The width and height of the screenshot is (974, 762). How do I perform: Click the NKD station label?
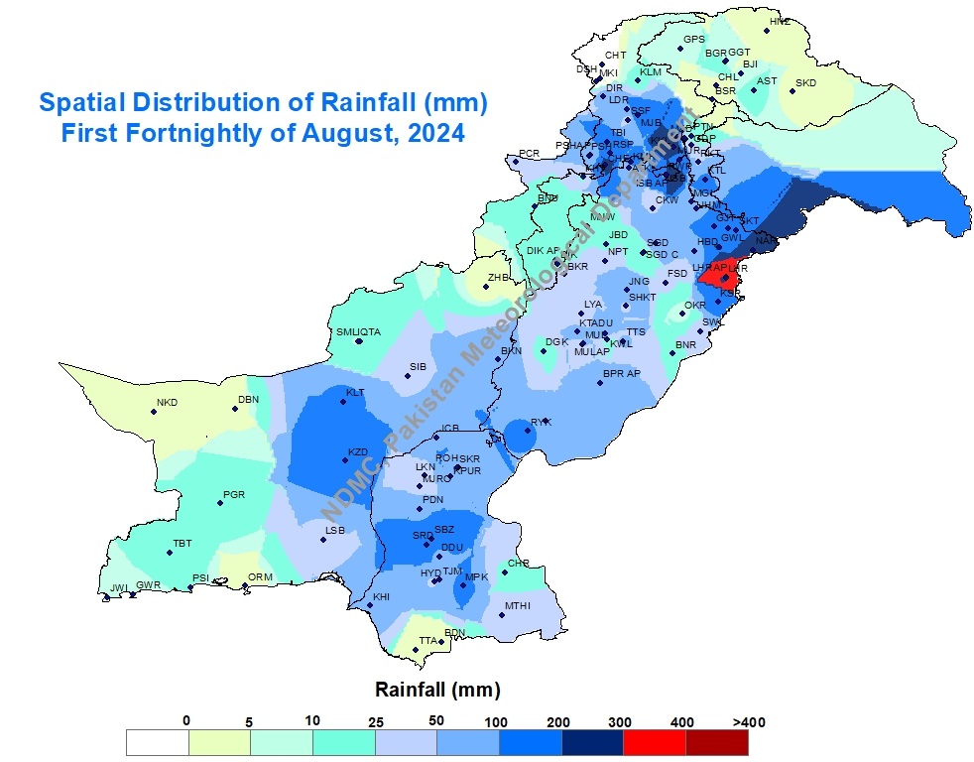pyautogui.click(x=167, y=403)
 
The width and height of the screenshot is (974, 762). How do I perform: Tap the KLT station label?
pyautogui.click(x=355, y=393)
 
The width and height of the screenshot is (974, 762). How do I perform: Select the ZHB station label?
pyautogui.click(x=497, y=278)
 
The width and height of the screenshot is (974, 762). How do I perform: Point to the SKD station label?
pyautogui.click(x=805, y=83)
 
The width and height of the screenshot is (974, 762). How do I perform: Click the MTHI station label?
pyautogui.click(x=518, y=606)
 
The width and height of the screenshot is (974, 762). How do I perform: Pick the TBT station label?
pyautogui.click(x=183, y=544)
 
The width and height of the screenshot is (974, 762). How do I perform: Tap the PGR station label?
pyautogui.click(x=234, y=494)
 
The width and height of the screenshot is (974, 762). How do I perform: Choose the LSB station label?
pyautogui.click(x=335, y=531)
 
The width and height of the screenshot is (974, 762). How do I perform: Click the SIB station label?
pyautogui.click(x=418, y=367)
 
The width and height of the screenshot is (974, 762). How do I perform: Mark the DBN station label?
pyautogui.click(x=248, y=400)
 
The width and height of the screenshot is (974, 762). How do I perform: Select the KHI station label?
pyautogui.click(x=381, y=597)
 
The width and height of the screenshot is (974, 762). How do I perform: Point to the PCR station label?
pyautogui.click(x=529, y=154)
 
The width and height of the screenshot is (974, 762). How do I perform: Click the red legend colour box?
pyautogui.click(x=655, y=743)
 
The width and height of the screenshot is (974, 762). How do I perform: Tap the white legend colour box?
pyautogui.click(x=157, y=743)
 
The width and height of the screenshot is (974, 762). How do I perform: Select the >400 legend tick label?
pyautogui.click(x=748, y=721)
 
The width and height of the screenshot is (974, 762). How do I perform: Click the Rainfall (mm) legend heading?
pyautogui.click(x=436, y=689)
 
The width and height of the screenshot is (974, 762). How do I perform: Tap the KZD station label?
pyautogui.click(x=358, y=452)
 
